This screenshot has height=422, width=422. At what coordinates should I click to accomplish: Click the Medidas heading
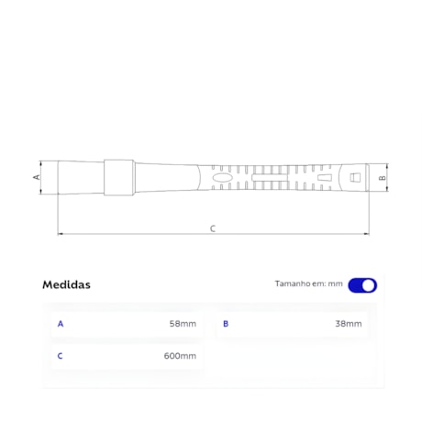coord(66,284)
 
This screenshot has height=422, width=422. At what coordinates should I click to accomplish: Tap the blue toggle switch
coord(362,285)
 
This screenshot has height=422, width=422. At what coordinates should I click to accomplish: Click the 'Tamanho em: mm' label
coord(308,283)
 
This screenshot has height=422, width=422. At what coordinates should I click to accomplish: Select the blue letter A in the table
coord(61,324)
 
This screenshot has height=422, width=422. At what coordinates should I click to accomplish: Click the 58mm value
coord(183,324)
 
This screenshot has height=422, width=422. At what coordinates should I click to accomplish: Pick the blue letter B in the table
coord(226,324)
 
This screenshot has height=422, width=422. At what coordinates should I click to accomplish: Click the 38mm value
coord(349,324)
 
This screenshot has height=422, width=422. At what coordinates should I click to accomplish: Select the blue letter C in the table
coord(60,356)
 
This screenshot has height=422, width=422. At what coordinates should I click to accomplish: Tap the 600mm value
coord(180,356)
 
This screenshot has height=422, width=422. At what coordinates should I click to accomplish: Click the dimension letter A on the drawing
coord(37,177)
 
